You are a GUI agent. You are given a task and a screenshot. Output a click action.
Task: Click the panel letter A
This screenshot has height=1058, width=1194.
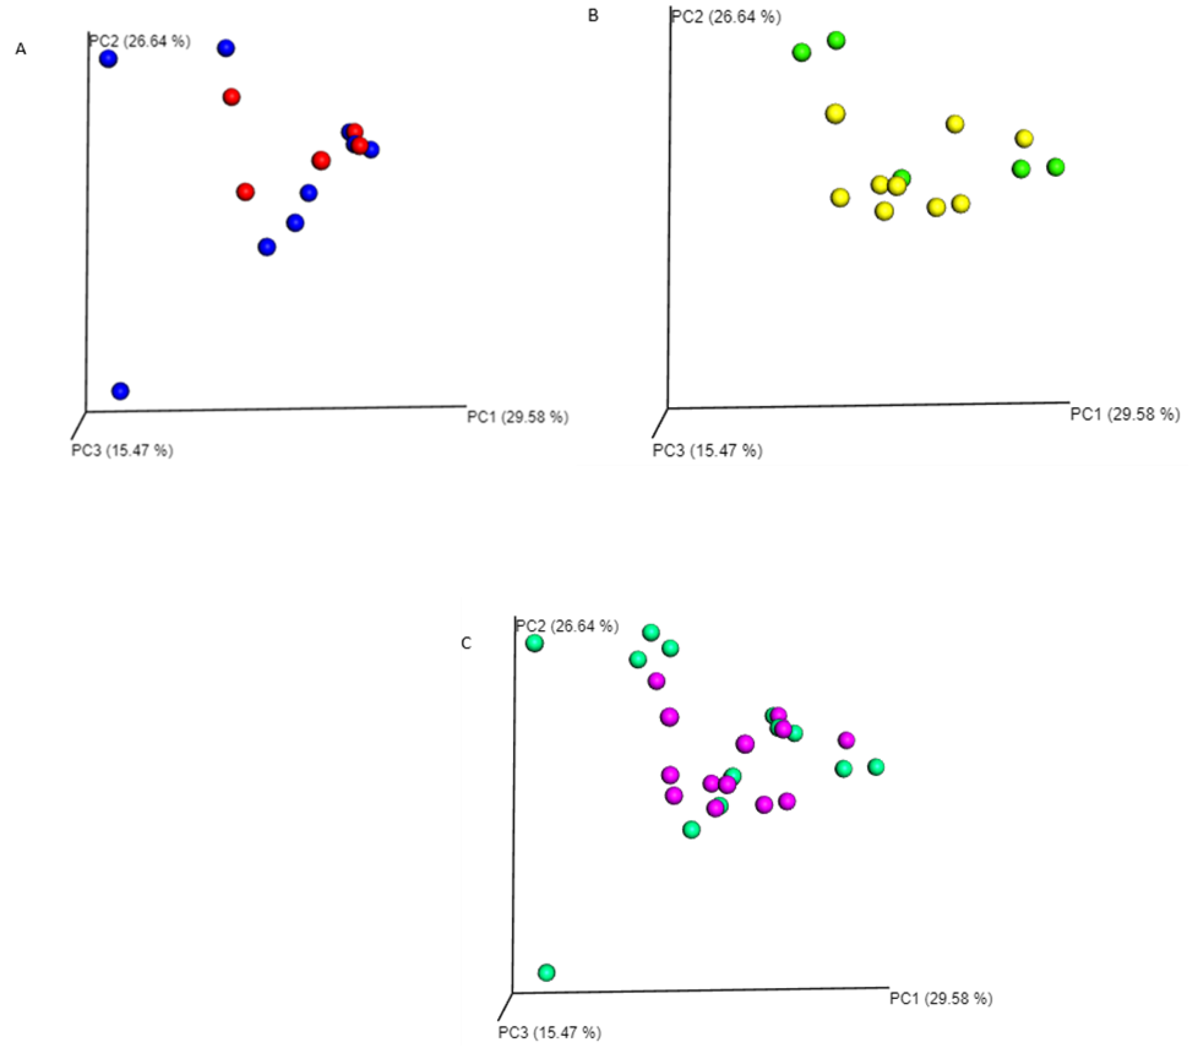click(20, 50)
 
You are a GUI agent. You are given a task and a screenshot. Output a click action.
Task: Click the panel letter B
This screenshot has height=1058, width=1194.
click(593, 16)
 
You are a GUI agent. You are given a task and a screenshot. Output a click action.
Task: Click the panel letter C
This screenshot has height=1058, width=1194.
click(466, 643)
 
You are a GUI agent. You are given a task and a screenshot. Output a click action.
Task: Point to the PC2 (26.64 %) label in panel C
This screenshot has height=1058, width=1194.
click(566, 626)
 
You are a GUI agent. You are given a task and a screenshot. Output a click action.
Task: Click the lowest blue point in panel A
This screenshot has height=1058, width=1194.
click(120, 391)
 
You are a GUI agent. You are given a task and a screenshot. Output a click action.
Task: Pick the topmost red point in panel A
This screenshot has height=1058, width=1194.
click(232, 97)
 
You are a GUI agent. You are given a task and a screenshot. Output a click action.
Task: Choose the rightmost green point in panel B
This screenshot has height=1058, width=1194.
click(1055, 167)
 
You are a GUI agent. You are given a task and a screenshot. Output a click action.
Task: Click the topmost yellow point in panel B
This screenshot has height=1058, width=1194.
click(835, 114)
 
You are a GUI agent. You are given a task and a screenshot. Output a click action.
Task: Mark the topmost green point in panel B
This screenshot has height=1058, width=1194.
click(837, 40)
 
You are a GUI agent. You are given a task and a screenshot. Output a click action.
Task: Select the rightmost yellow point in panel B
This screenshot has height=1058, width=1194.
click(1024, 139)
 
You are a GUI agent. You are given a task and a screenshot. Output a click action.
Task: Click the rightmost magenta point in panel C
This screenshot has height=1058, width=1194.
click(846, 740)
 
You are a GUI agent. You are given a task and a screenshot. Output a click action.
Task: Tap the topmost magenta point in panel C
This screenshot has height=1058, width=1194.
click(657, 680)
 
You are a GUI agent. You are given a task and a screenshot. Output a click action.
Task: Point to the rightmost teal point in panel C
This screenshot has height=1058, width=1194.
click(876, 767)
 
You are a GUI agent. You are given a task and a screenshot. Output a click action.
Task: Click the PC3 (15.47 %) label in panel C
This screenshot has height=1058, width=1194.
click(549, 1032)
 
